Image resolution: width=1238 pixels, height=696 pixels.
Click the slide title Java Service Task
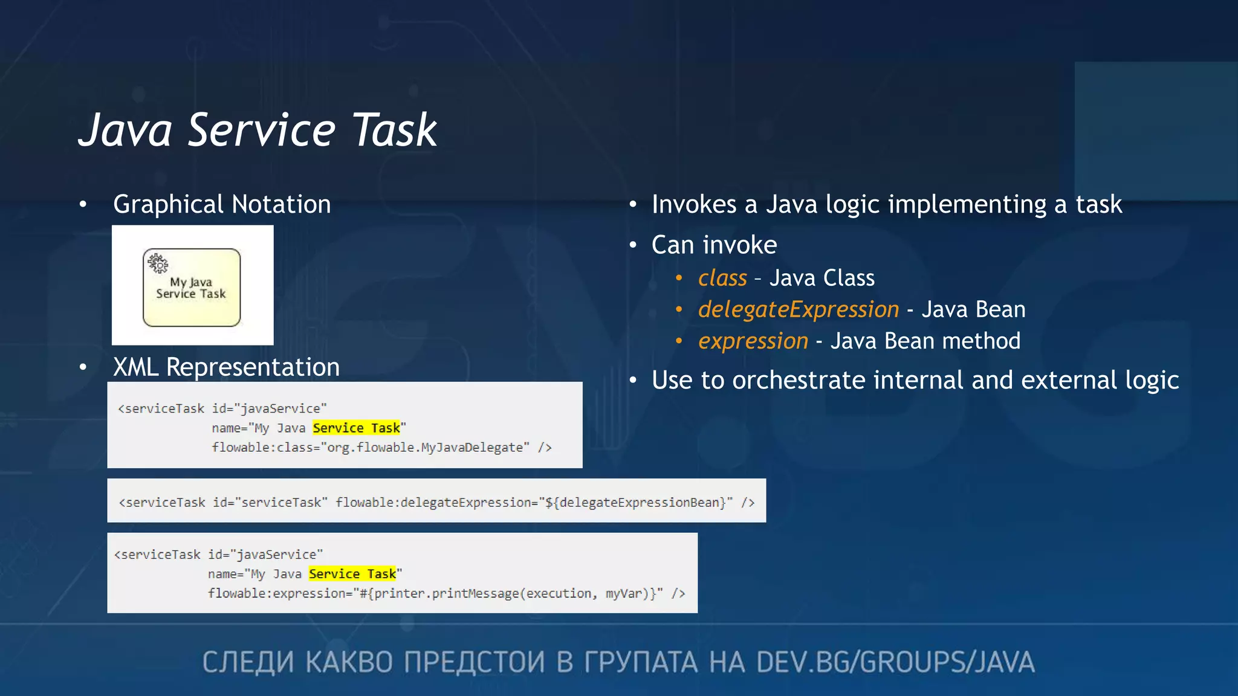(258, 130)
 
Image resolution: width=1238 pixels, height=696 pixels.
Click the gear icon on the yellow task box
(158, 263)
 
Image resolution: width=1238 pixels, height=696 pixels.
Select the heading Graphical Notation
(222, 204)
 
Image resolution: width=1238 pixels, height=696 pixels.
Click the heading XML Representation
(226, 367)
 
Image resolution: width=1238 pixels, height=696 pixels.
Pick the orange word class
(722, 278)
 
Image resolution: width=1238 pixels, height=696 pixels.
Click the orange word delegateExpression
(798, 309)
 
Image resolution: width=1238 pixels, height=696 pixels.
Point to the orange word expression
(753, 341)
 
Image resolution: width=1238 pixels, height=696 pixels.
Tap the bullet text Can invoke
(714, 245)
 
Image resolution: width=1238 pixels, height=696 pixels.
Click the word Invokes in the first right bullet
(694, 204)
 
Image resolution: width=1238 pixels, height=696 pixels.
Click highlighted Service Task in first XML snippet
(356, 428)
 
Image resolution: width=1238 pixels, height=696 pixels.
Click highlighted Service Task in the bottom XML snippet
(352, 574)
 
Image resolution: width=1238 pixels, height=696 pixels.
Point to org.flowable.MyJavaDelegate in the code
(425, 448)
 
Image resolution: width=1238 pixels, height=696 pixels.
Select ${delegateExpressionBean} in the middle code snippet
(635, 503)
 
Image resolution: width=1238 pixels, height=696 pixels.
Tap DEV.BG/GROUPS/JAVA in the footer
(895, 662)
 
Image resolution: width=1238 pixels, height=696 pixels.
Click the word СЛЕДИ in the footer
(248, 662)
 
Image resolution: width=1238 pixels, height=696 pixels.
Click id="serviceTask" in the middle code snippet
(270, 503)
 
